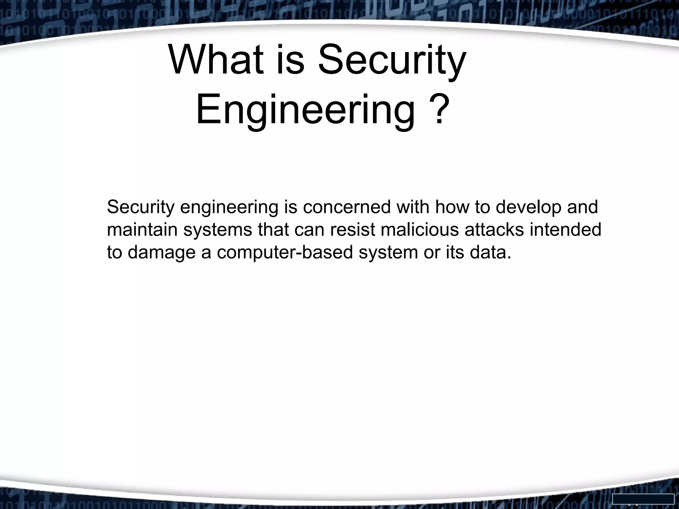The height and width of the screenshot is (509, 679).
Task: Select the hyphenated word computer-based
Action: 285,253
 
